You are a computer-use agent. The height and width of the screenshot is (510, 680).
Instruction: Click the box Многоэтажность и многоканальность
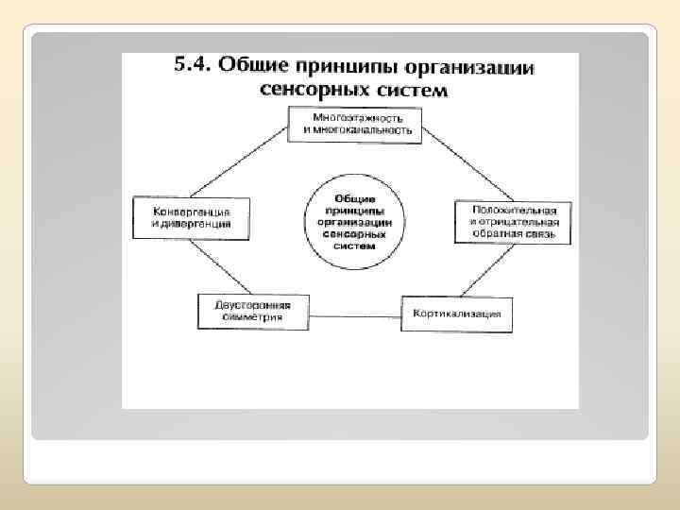353,124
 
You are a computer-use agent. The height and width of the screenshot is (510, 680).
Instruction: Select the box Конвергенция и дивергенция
190,218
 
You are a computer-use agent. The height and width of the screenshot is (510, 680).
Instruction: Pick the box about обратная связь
512,221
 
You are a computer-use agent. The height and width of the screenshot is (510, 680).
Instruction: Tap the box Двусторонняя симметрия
254,312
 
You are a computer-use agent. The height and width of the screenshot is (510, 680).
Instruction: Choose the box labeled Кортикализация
457,314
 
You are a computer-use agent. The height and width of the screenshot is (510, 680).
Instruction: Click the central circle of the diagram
354,221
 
